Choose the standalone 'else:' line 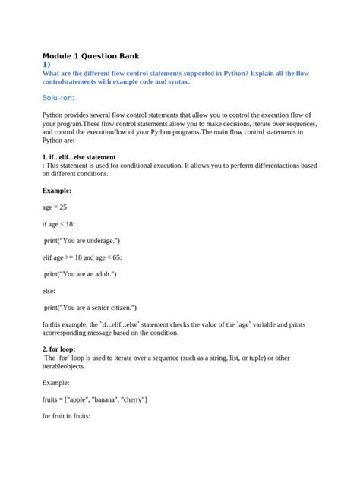(50, 290)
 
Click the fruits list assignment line (95, 399)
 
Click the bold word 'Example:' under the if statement (57, 190)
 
